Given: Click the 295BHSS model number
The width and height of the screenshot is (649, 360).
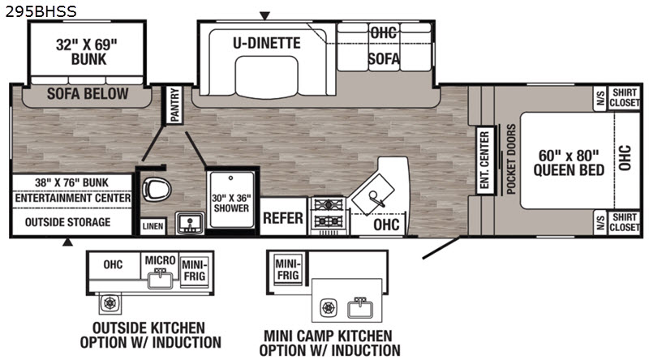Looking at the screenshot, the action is click(x=41, y=11).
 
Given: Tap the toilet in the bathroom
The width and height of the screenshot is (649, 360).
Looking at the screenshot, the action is click(x=157, y=190).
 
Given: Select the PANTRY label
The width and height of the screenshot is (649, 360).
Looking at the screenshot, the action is click(x=174, y=105).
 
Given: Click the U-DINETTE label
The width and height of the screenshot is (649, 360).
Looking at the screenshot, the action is click(x=267, y=43).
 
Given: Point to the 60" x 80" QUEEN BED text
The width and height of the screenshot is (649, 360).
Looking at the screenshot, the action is click(x=569, y=163).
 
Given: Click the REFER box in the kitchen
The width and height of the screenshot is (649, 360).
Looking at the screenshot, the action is click(x=283, y=217).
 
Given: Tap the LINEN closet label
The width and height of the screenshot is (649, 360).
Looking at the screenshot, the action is click(x=153, y=226).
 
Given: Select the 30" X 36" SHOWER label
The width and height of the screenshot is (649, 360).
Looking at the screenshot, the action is click(x=231, y=203).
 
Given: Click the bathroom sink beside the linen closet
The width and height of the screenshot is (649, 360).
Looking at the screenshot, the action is click(x=190, y=224).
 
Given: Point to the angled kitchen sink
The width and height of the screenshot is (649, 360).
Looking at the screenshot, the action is click(x=372, y=195).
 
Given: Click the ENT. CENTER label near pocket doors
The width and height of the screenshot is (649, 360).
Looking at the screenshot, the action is click(x=484, y=160).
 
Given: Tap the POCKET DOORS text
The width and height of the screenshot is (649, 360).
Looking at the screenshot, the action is click(x=511, y=159).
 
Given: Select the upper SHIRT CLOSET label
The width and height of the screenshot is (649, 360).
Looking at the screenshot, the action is click(x=624, y=97).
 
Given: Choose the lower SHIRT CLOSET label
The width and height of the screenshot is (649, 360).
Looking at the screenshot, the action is click(x=624, y=222).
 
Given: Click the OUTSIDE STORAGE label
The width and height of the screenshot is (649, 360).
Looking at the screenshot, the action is click(x=67, y=222).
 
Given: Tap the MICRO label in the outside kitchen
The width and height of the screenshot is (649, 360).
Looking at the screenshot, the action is click(x=160, y=260).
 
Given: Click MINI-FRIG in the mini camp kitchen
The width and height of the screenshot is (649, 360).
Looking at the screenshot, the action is click(x=288, y=269).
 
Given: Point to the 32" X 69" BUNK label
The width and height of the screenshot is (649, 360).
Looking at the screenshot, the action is click(x=87, y=52).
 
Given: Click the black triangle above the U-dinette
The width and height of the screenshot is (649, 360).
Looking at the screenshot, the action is click(x=264, y=16).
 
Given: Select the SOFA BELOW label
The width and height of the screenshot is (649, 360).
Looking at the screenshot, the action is click(x=88, y=94).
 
